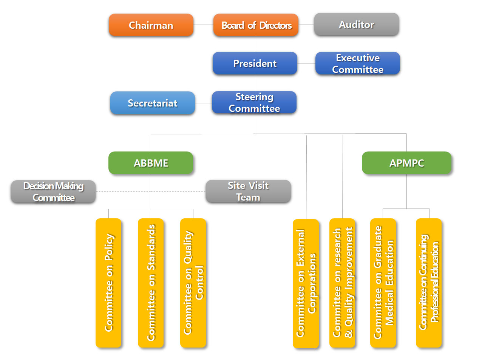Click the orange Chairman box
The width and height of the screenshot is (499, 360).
click(x=151, y=25)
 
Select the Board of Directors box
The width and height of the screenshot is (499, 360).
click(x=256, y=25)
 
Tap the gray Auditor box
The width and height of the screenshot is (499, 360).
click(x=356, y=25)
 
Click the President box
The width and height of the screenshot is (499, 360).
click(x=255, y=63)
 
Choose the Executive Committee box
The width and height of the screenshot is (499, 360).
click(x=357, y=63)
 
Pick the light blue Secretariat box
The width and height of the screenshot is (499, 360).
click(x=152, y=103)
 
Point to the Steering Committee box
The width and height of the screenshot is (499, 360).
click(x=254, y=102)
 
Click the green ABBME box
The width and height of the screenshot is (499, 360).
click(x=151, y=163)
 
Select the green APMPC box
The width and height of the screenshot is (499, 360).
click(x=406, y=163)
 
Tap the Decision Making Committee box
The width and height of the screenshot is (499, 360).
click(x=53, y=192)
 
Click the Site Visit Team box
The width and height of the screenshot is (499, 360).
click(x=248, y=191)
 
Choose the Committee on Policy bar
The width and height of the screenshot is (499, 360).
click(x=108, y=283)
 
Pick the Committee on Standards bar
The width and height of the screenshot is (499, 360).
click(x=151, y=283)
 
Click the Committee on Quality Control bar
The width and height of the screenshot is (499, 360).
click(x=193, y=283)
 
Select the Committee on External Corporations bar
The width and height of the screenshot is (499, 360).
click(x=306, y=283)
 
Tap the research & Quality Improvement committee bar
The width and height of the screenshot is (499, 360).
click(x=342, y=283)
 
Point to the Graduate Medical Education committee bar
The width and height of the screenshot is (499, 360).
click(x=383, y=283)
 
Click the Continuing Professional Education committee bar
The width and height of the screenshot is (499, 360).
click(x=429, y=283)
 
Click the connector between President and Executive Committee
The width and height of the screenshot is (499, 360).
click(x=306, y=63)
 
